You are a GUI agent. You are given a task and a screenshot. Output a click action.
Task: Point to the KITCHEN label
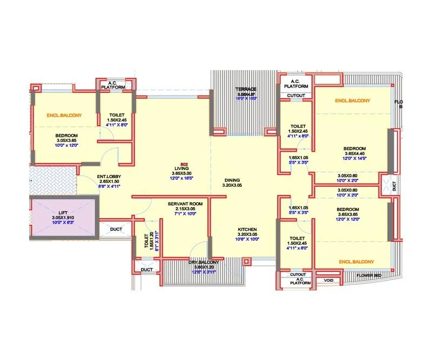247,229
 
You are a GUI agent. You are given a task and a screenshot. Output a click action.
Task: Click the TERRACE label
245,89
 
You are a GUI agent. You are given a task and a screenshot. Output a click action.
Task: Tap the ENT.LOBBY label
109,176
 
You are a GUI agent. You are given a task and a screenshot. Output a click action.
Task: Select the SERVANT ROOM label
185,203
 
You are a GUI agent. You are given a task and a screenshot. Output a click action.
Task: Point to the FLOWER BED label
369,276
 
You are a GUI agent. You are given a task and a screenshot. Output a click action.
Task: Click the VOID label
328,281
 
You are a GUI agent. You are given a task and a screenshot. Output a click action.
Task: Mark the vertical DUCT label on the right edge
394,186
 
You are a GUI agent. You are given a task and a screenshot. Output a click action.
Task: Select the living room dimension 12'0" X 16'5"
184,178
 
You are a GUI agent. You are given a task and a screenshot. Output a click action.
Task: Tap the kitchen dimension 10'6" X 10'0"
247,240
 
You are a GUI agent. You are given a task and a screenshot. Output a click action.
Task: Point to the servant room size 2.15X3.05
185,208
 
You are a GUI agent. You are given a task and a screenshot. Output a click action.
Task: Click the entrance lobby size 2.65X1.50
109,181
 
